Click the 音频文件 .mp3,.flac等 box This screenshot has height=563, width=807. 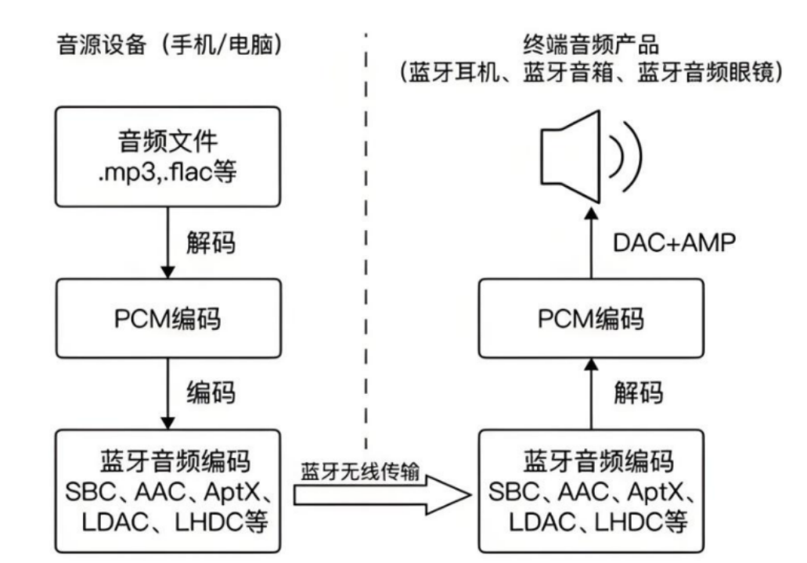click(x=168, y=157)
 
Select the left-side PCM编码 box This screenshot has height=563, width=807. click(x=168, y=318)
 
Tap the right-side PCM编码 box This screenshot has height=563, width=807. click(x=591, y=318)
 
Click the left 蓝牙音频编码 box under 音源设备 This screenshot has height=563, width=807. click(x=168, y=491)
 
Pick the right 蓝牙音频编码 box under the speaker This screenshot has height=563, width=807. click(x=591, y=491)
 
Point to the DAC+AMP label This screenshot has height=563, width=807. click(x=674, y=242)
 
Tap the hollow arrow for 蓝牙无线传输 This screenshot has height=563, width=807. click(x=382, y=495)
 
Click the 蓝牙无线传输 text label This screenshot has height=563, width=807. click(x=360, y=471)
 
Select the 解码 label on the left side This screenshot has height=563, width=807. click(x=211, y=242)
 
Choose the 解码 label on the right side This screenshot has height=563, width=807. click(x=638, y=393)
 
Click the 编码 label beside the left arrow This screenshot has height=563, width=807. click(x=211, y=393)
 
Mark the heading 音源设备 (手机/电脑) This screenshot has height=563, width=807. click(x=170, y=45)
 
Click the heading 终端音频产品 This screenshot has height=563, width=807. click(x=591, y=45)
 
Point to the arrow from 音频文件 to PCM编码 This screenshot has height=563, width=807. click(x=168, y=242)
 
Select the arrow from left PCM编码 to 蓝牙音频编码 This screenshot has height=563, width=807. click(x=168, y=394)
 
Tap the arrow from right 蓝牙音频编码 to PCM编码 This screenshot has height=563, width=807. click(x=591, y=394)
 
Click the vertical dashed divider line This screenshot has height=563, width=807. click(x=366, y=242)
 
